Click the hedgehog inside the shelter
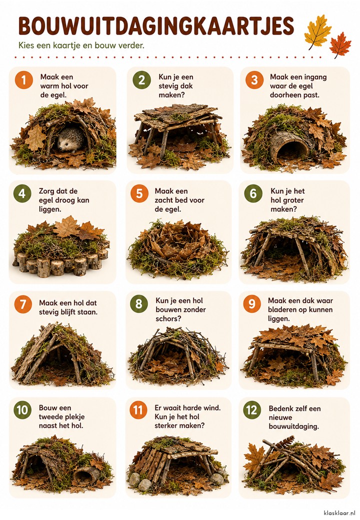70,139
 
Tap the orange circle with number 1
24,80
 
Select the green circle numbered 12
252,410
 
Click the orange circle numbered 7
23,304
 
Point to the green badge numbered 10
22,410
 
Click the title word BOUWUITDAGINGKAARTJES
156,26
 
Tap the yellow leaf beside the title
317,32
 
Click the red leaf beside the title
340,45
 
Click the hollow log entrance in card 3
288,145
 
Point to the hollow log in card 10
87,474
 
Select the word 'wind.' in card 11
211,407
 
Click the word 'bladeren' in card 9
283,309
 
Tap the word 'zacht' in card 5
164,200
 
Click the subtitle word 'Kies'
26,45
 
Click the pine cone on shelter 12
285,441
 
